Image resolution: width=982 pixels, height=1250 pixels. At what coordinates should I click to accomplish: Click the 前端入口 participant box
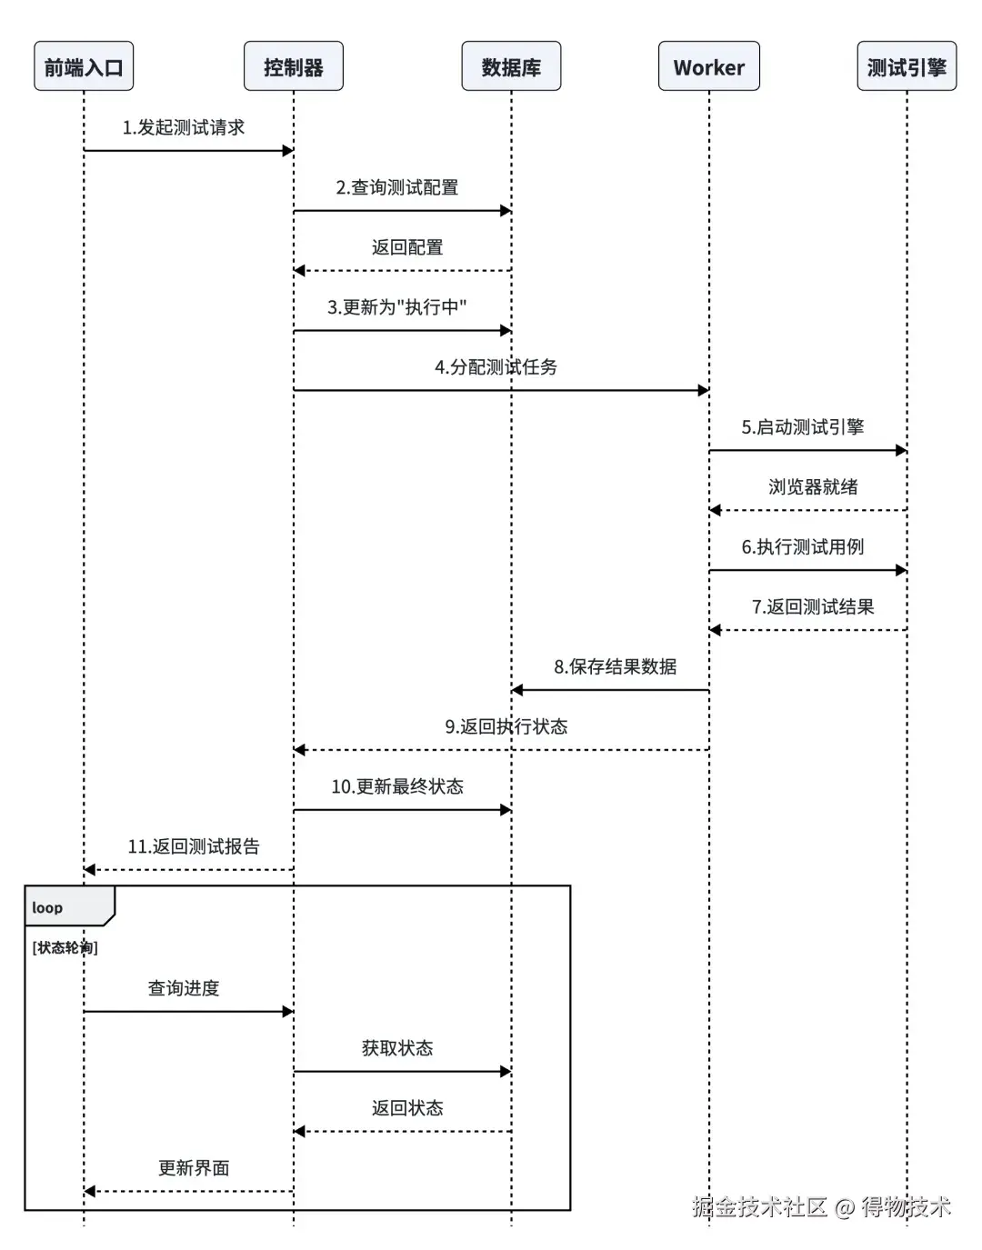(84, 66)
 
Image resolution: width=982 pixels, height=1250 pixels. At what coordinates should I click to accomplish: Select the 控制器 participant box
(293, 66)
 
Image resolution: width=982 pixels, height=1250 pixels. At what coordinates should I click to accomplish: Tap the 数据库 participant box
(511, 66)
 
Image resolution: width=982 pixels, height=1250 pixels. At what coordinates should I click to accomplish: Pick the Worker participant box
(708, 66)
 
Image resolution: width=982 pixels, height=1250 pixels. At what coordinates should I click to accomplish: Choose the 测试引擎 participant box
(907, 66)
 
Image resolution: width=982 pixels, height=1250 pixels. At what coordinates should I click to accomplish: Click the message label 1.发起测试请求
(184, 127)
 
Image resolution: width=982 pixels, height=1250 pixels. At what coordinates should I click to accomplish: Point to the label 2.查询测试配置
(397, 187)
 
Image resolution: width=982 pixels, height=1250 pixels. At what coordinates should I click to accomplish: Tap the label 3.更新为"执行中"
(397, 307)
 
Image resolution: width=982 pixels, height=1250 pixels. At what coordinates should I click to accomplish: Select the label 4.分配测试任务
(496, 367)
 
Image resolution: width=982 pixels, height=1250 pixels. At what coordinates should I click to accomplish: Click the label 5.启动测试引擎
(802, 427)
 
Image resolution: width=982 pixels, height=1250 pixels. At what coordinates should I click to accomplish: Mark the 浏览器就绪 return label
(813, 487)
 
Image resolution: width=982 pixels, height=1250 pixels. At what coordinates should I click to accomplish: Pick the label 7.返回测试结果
(813, 607)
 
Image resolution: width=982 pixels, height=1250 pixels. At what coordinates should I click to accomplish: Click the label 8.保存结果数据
(615, 667)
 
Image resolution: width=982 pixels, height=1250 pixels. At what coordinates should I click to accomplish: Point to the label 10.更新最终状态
(397, 787)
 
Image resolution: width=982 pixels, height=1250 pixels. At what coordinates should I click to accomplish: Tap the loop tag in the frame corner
(48, 907)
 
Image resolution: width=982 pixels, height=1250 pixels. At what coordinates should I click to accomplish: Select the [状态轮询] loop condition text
(65, 947)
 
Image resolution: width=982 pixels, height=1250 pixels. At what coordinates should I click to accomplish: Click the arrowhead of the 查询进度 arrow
(287, 1011)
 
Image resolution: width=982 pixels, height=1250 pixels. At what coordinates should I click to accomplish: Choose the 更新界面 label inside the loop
(194, 1168)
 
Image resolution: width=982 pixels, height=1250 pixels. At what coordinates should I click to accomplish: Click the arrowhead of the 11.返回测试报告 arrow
(90, 870)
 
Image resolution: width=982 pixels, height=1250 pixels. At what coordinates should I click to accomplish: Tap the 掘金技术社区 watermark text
(759, 1206)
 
